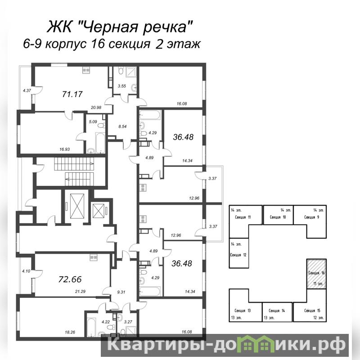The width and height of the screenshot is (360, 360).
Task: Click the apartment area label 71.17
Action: pos(72,94)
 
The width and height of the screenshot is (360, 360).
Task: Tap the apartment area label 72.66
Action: pos(70,279)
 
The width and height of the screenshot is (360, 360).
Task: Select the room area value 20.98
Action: pos(96,107)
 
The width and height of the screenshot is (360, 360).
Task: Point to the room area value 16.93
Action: pos(64,149)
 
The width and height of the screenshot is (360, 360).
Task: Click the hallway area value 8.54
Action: pos(122,126)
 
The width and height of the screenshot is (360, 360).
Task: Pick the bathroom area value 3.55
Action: pos(122,86)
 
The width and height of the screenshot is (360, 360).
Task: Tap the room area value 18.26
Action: pos(70,332)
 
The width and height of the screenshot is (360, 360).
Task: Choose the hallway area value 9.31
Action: pos(121,292)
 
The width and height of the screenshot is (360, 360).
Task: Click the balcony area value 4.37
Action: pos(27,90)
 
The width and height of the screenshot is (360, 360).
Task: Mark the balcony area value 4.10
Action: pos(26,271)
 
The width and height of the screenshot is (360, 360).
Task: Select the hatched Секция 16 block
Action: pos(317,274)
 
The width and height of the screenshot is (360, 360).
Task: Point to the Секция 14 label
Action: pos(277,310)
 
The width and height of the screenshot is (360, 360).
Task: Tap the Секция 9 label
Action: pos(311,217)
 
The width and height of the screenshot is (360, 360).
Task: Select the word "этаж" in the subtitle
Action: pos(183,44)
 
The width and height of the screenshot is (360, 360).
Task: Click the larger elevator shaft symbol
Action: pos(77,206)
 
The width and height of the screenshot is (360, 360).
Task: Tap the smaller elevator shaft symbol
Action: pos(99,211)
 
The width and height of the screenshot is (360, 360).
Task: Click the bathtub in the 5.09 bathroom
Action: pos(100,143)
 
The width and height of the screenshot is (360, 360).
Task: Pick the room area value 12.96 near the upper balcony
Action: pos(194,198)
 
